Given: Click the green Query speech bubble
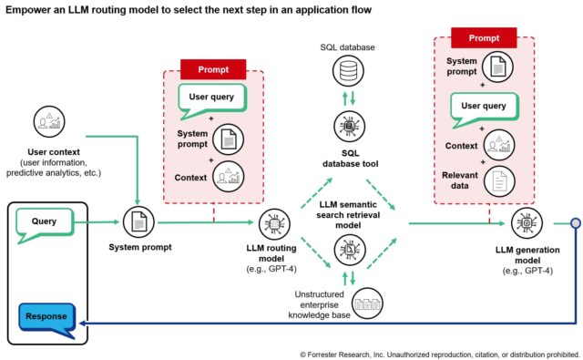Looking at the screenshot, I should click(45, 221).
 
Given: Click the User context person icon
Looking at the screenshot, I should click(47, 123).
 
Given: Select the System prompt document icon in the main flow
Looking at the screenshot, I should click(138, 221).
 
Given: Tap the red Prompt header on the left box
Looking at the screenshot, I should click(214, 69).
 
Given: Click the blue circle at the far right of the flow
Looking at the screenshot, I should click(575, 222).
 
